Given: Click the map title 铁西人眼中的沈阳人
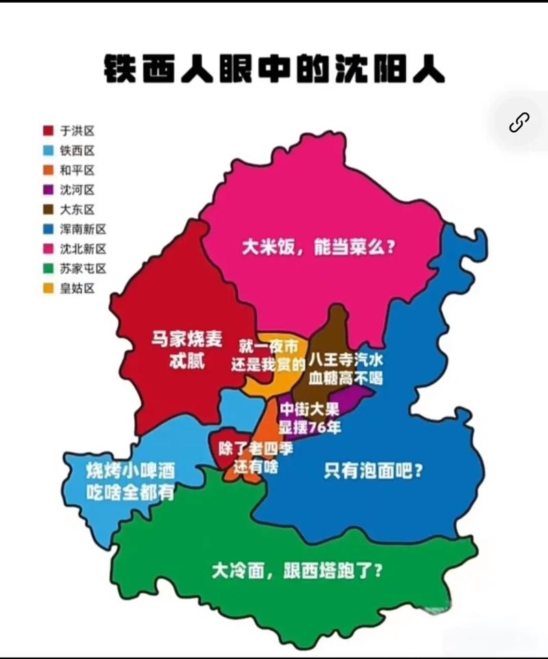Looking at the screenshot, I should click(x=275, y=69).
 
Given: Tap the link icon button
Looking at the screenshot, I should click(x=519, y=123).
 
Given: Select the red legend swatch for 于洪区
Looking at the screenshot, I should click(x=49, y=131).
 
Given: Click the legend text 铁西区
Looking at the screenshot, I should click(x=77, y=151).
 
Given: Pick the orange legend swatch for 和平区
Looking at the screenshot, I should click(x=49, y=171).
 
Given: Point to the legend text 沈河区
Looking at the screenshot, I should click(x=77, y=190).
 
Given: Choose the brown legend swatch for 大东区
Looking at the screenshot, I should click(x=49, y=210).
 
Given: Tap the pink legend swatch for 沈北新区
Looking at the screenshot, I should click(x=49, y=249).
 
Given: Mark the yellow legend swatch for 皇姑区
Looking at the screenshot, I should click(x=49, y=288).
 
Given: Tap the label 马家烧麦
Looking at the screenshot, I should click(x=182, y=339).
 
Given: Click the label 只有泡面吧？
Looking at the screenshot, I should click(x=373, y=471).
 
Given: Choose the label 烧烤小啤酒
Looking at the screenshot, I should click(x=129, y=471).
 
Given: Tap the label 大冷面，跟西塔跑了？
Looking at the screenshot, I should click(x=297, y=570).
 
